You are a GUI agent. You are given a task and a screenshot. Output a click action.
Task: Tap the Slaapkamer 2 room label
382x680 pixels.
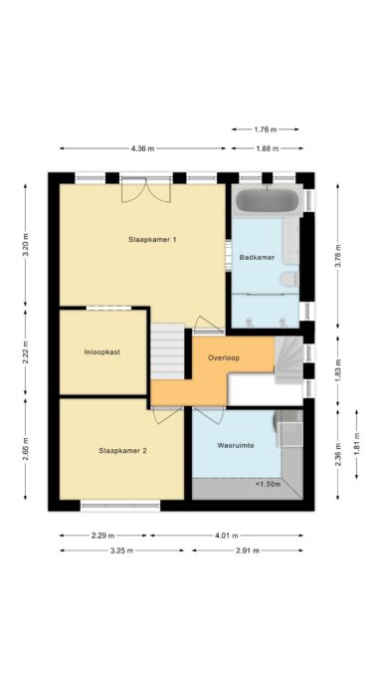point(122,451)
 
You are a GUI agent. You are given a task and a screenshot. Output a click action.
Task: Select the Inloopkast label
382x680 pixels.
point(102,352)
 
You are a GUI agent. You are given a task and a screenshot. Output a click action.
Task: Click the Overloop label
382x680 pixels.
point(224,358)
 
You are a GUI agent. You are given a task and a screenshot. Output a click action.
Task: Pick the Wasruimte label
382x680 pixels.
point(236,445)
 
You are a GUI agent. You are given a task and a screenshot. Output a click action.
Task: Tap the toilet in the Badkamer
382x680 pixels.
point(289,279)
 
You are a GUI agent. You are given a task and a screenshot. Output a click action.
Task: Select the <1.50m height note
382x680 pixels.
point(268,484)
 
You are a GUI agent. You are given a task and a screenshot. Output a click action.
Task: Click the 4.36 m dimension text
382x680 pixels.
point(142,148)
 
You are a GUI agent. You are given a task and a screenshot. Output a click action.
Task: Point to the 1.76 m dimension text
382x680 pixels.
point(266,129)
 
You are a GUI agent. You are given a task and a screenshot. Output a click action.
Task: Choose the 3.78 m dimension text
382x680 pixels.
point(338,256)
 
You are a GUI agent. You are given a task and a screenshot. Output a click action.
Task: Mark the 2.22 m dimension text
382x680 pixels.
point(25,352)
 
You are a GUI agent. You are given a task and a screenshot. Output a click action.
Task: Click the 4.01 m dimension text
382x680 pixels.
point(227,536)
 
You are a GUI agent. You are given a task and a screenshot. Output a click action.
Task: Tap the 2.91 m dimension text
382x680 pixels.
point(248,551)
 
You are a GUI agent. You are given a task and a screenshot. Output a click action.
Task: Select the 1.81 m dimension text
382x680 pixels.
point(356,444)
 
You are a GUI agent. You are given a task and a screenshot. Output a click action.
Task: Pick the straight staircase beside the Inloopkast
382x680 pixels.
point(167,351)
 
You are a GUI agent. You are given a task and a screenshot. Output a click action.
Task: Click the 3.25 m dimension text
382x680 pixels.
point(121,551)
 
